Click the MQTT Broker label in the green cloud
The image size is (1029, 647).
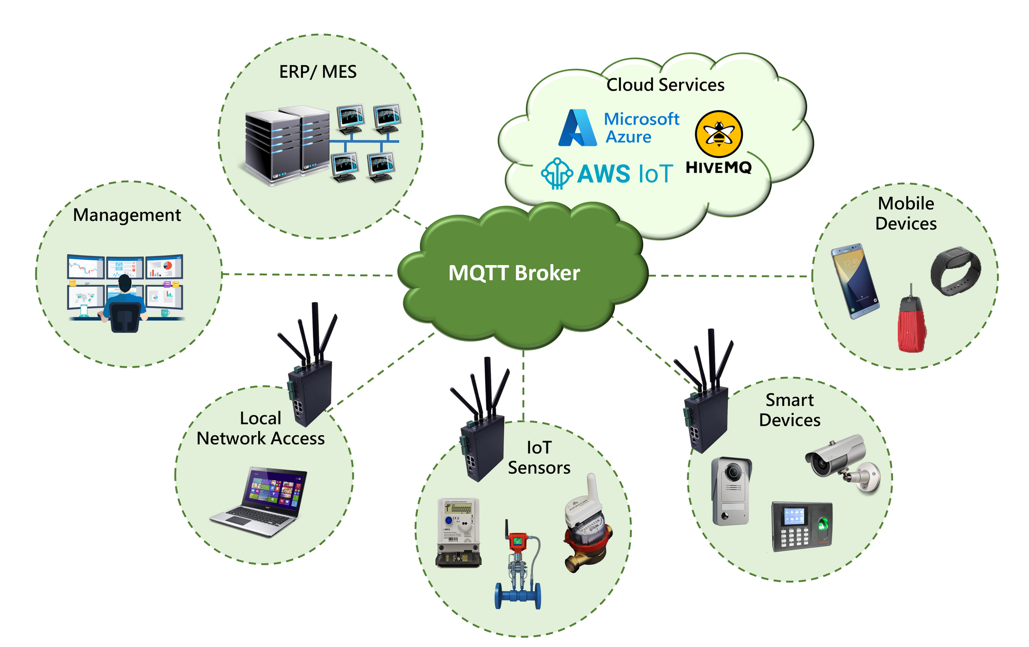[514, 273]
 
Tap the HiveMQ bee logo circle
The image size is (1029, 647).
[719, 134]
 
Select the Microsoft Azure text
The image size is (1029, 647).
[641, 128]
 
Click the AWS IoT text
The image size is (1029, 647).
[625, 173]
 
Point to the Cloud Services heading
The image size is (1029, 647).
[665, 85]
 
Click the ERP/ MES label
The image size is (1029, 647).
[317, 72]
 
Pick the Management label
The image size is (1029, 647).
[127, 215]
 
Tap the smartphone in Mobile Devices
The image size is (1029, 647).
[854, 281]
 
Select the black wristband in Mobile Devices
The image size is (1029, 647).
[955, 271]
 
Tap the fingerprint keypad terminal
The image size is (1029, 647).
[802, 526]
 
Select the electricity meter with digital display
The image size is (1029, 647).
[458, 532]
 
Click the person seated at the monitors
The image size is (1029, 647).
[124, 304]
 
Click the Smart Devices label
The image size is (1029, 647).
[790, 410]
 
